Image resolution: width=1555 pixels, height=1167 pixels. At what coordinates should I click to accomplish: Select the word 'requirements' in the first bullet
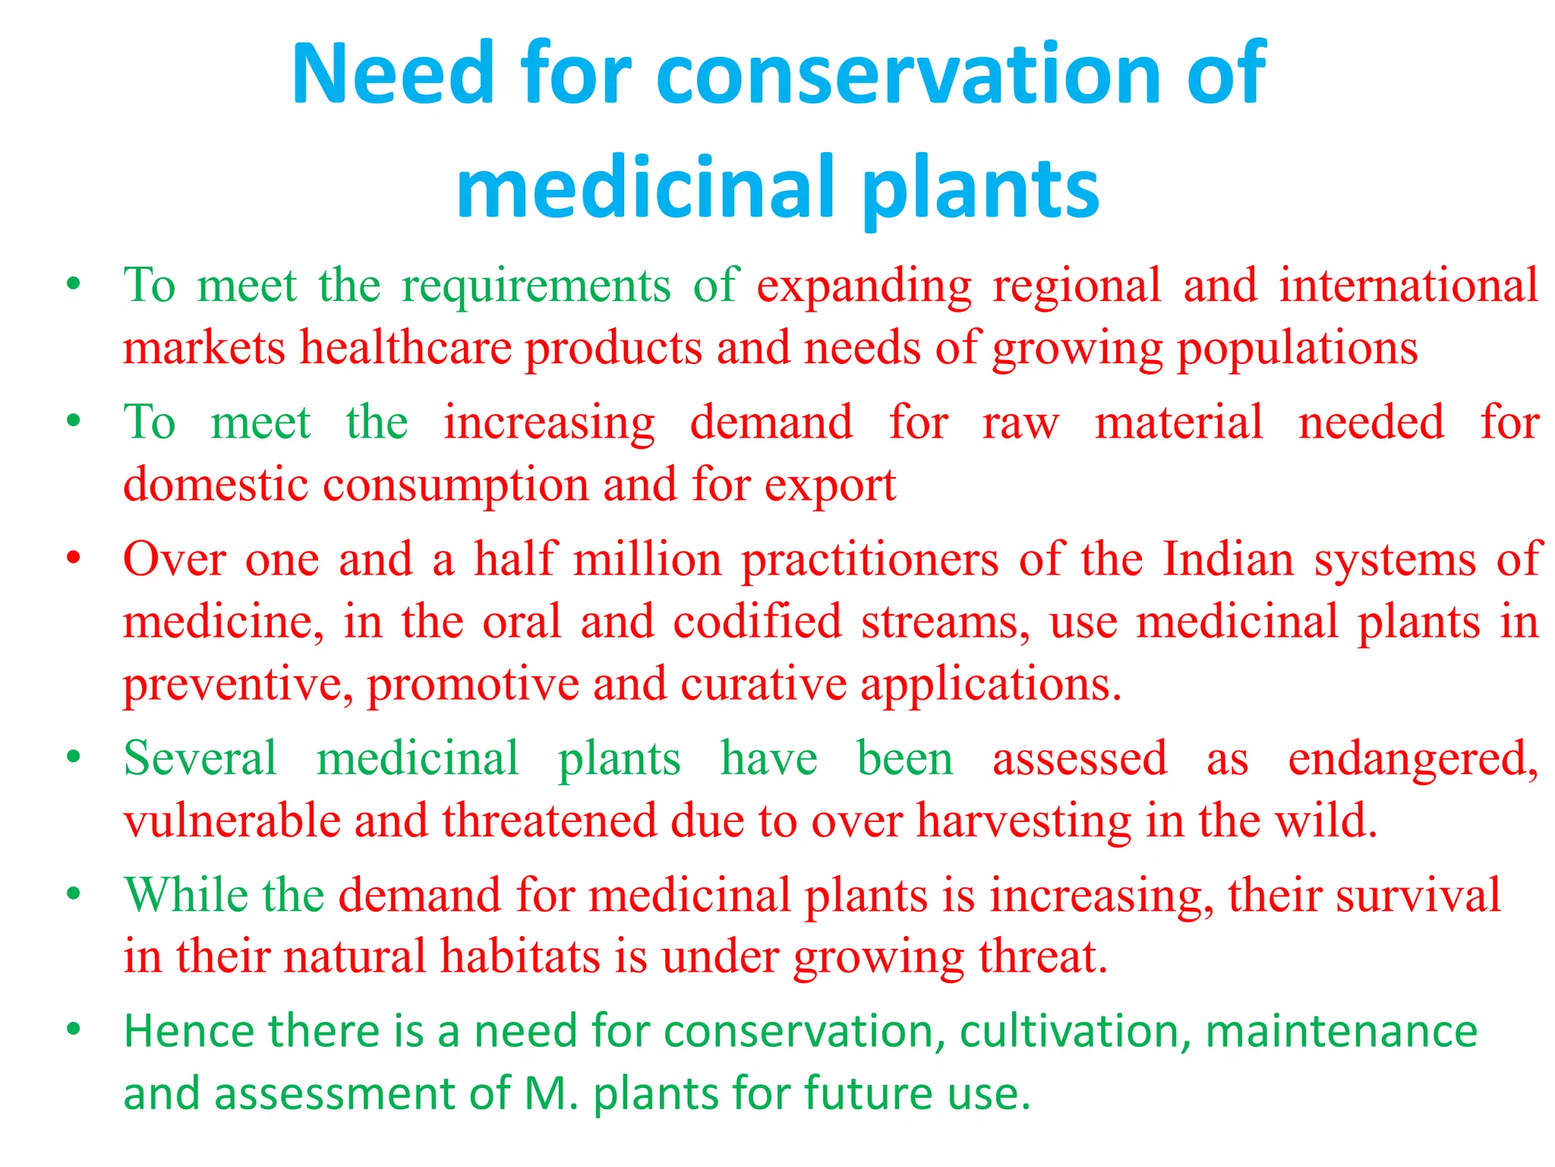(536, 287)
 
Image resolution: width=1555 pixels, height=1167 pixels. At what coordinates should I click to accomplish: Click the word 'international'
(1408, 286)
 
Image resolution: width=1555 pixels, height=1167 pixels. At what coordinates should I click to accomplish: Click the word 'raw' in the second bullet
(1020, 424)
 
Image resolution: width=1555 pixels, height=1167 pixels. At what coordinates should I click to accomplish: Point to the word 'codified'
(757, 621)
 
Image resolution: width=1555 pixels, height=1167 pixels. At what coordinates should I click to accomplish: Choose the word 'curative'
(763, 684)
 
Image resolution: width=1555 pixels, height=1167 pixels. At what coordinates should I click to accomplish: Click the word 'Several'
(200, 758)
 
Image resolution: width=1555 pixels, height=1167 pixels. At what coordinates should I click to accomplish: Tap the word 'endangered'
(1413, 760)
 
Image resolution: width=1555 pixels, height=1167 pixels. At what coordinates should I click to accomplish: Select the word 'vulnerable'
(232, 821)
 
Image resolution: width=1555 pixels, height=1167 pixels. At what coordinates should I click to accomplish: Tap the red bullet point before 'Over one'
(74, 559)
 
